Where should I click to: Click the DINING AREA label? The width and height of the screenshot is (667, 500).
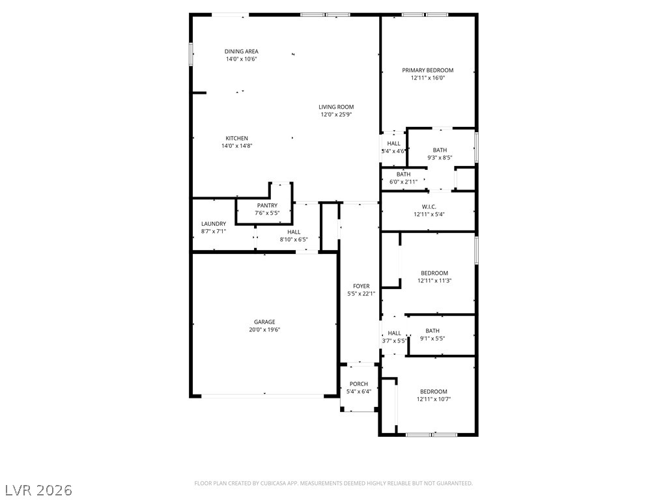[241, 51]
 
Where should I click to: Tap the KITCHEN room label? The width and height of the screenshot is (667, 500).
[236, 138]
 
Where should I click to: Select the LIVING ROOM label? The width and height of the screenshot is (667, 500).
[336, 107]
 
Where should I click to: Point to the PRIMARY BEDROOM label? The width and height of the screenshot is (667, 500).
[427, 70]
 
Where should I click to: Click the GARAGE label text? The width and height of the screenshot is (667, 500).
[264, 322]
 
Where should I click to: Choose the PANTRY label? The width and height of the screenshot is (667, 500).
[267, 205]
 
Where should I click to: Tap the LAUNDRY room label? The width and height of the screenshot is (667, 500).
[214, 224]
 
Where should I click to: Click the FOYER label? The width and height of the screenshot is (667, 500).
[361, 286]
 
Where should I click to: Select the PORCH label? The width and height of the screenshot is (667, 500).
[359, 384]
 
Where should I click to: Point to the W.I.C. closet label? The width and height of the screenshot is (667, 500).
[429, 206]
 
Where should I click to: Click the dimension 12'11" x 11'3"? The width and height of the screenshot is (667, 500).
[434, 281]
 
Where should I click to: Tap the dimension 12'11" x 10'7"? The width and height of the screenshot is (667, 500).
[433, 399]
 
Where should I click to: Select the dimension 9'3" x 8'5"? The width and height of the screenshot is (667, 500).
[440, 158]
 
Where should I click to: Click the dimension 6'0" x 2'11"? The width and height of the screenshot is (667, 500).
[403, 182]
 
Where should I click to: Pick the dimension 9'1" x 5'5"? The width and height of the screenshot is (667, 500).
[433, 339]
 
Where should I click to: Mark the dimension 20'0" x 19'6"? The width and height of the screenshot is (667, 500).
[264, 329]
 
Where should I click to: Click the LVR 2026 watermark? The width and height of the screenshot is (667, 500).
[36, 490]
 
